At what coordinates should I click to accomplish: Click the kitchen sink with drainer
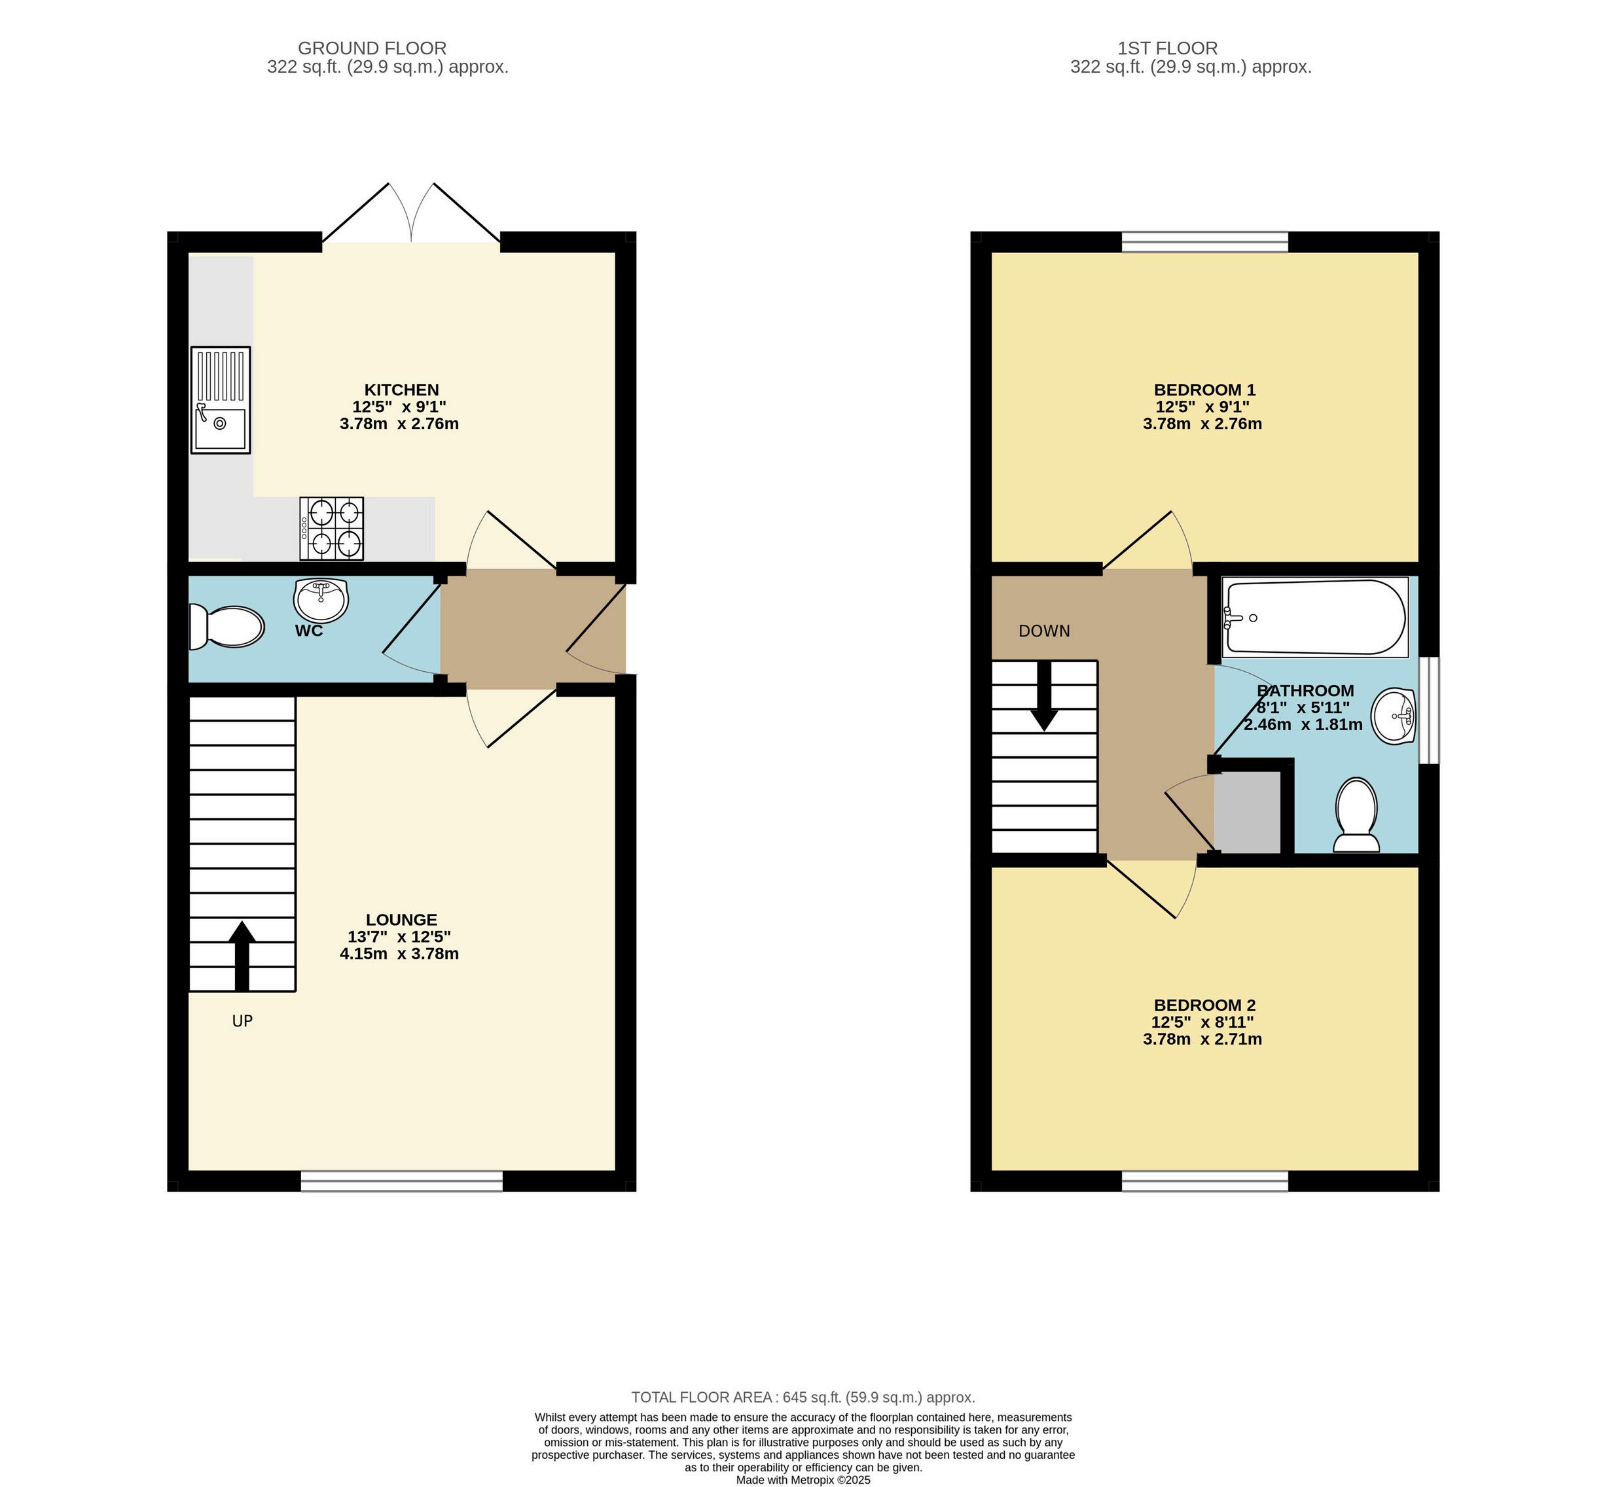click(x=221, y=399)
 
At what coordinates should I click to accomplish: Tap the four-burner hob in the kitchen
click(x=331, y=528)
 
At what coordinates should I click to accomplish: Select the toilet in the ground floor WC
click(x=226, y=627)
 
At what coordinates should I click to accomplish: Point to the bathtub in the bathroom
click(x=1315, y=617)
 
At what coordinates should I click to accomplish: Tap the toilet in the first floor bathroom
click(x=1356, y=814)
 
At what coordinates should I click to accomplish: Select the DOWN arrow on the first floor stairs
click(x=1044, y=696)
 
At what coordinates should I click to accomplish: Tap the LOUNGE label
click(x=401, y=920)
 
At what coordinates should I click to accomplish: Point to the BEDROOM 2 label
click(x=1204, y=1005)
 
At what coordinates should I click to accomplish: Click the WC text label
click(x=308, y=631)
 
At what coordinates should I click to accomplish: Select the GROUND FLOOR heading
click(x=372, y=48)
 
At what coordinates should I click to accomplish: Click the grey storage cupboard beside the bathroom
click(x=1246, y=812)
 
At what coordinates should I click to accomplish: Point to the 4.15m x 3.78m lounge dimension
click(x=399, y=954)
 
